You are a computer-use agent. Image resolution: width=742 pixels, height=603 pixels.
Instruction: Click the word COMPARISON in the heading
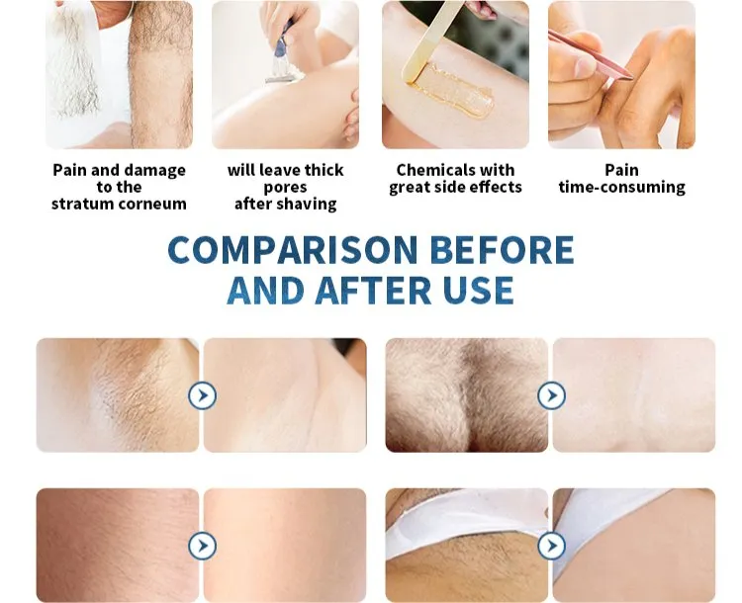point(293,249)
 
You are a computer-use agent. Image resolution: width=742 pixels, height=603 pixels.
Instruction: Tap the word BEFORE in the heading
point(502,249)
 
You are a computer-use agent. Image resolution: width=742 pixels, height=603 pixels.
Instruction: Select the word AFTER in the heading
point(373,290)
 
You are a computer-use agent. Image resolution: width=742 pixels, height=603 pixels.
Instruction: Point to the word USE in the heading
point(479,290)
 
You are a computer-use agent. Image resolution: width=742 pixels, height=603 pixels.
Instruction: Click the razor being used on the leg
point(283,53)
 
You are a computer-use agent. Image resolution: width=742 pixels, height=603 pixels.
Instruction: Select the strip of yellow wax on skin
point(454,91)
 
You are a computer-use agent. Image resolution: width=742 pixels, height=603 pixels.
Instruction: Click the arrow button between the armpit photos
point(203,395)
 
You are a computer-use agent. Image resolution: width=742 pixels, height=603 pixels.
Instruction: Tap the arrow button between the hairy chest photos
point(552,395)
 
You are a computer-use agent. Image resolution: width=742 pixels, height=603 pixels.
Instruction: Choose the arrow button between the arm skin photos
point(203,546)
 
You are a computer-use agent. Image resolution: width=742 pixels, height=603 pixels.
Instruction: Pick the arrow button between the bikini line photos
point(552,546)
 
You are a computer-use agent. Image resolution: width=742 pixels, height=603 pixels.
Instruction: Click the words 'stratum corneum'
point(119,204)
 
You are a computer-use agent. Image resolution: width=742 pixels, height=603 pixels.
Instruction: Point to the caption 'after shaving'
point(285,204)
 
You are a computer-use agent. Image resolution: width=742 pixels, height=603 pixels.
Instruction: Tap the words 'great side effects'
point(455,187)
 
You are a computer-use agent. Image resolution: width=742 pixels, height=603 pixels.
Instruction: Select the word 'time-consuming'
point(622,187)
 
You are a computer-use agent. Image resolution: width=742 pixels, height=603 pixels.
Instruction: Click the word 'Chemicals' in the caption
point(431,170)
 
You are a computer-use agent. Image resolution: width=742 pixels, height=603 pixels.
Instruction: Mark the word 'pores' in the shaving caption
point(285,188)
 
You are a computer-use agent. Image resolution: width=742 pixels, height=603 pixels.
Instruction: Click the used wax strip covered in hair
point(73,61)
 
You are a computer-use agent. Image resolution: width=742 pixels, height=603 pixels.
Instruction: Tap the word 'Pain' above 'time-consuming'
point(622,170)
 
